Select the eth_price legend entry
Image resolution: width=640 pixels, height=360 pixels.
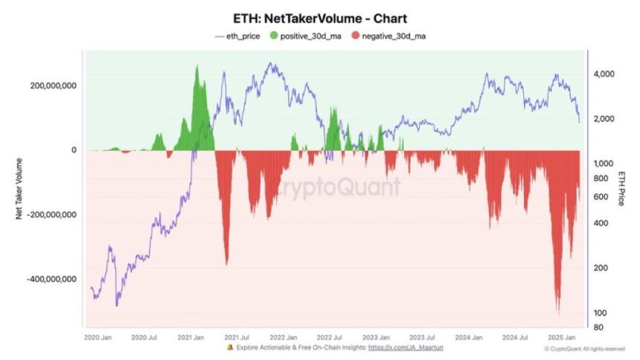(237, 35)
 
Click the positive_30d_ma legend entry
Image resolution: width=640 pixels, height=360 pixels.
(307, 35)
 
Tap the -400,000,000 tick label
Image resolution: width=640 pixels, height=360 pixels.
(51, 279)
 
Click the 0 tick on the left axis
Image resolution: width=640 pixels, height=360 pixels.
(73, 150)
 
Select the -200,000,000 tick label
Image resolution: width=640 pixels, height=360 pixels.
(51, 215)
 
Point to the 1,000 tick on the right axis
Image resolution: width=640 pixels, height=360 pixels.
(603, 164)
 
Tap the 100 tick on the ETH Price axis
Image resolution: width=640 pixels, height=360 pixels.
(600, 312)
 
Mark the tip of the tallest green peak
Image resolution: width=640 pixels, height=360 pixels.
(196, 65)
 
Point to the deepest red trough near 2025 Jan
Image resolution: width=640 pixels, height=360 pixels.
(557, 313)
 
